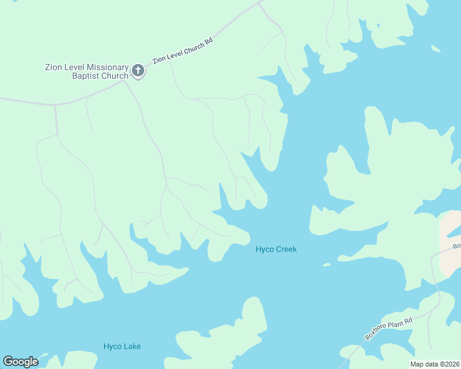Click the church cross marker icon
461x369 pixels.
point(138,71)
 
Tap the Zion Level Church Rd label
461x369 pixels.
point(182,49)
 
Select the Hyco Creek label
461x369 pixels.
point(276,249)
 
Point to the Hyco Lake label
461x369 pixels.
point(122,346)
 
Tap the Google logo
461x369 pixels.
point(21,362)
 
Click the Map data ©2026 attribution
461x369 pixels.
point(434,364)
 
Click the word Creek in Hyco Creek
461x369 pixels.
point(287,249)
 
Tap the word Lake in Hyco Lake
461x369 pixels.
point(132,346)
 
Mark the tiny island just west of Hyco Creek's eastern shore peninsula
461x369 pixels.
point(326,265)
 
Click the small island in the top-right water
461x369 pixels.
point(436,49)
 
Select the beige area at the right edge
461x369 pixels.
point(450,243)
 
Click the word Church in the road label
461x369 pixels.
point(192,46)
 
